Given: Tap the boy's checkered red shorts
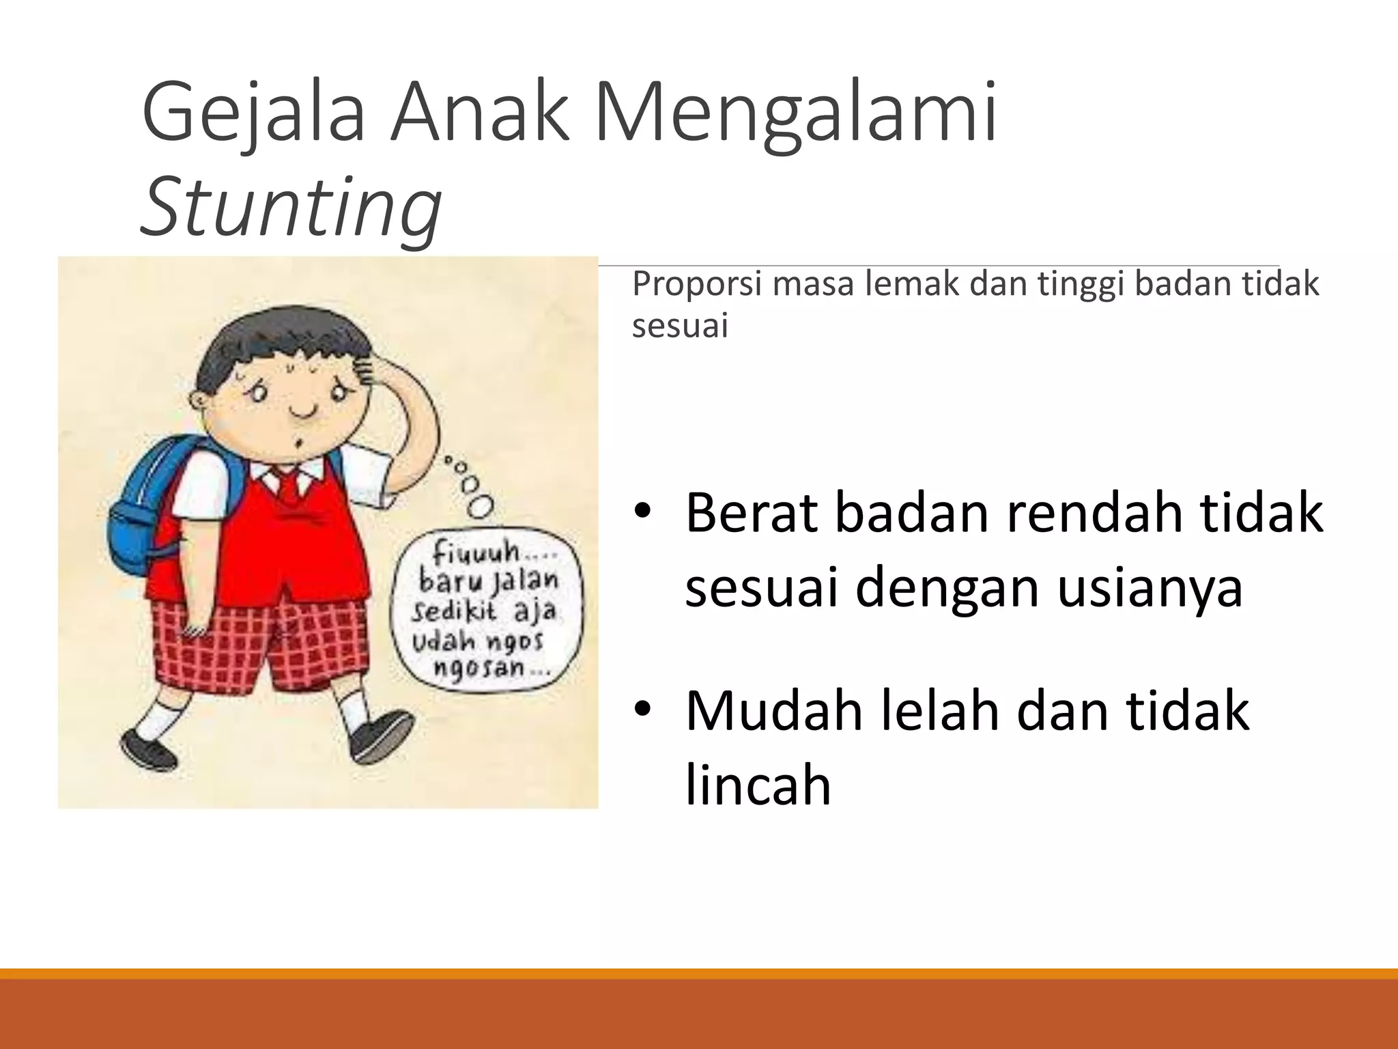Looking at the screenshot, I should (x=259, y=642).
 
